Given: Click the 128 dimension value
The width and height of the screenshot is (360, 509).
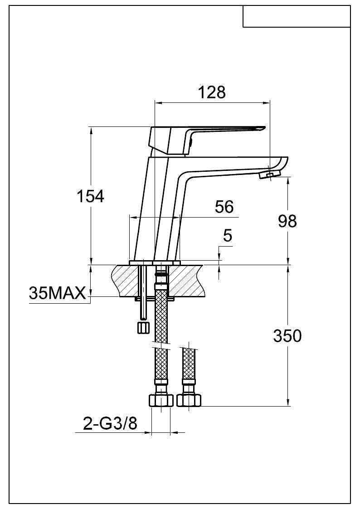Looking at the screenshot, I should point(212,92).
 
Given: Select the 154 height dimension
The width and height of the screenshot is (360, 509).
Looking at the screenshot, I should point(90,196).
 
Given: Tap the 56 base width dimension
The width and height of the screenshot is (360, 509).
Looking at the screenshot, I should point(224,207).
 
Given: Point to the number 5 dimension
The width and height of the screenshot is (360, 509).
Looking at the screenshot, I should point(228,236).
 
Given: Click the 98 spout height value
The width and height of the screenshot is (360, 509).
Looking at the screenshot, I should point(287,221).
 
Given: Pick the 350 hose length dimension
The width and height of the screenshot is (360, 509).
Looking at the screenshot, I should point(287,336).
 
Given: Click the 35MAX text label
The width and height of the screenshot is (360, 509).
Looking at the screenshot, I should point(57,293).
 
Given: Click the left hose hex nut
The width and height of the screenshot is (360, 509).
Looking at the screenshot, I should point(161,400).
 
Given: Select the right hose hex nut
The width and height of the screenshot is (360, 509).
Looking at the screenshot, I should point(189,400).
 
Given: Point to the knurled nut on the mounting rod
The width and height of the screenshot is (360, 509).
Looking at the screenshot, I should point(143,327).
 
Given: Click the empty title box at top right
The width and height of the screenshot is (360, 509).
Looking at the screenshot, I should point(297,16).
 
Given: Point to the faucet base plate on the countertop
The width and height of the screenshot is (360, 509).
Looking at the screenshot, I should point(155,263).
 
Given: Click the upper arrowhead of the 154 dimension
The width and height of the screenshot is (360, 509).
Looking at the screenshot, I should point(91,130).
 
